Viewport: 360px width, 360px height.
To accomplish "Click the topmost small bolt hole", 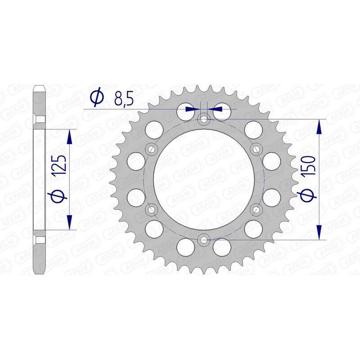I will [204, 119].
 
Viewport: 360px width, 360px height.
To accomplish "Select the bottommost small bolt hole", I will [204, 240].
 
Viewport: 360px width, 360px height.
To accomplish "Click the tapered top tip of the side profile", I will [39, 86].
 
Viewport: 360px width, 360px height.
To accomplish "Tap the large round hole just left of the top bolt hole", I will [185, 110].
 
